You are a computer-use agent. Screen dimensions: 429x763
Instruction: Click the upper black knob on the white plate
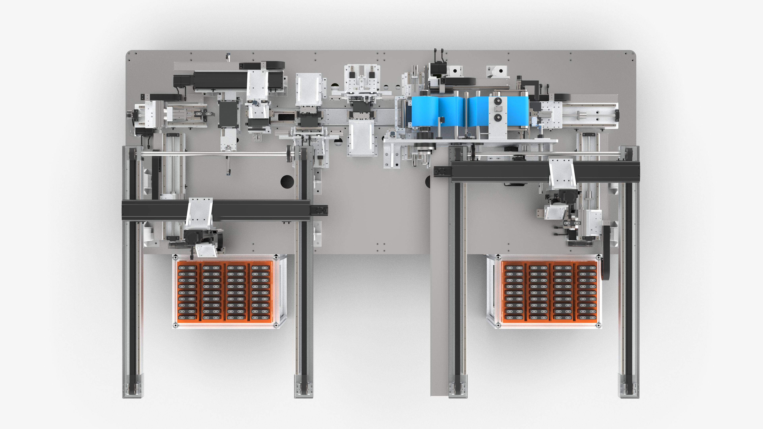coord(498,102)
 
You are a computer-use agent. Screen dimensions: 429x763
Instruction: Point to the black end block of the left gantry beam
coord(319,210)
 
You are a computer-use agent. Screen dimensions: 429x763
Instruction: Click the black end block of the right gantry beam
coord(442,171)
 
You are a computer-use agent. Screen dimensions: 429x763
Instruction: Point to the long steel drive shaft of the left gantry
coord(213,153)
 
